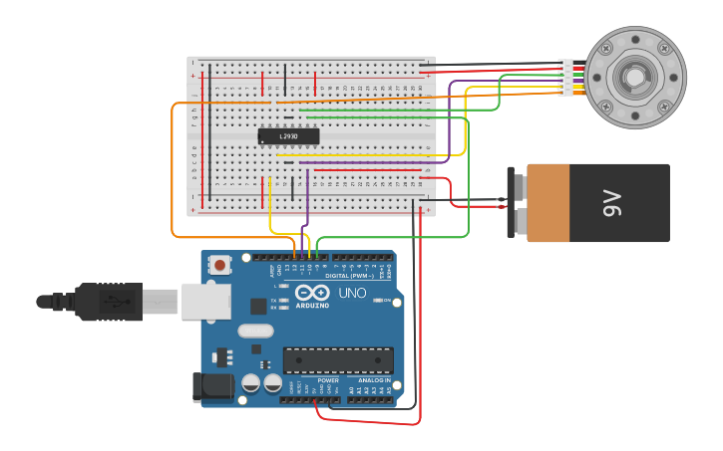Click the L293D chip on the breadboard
coord(288,136)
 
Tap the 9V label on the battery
coord(611,202)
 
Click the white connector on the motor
coord(566,79)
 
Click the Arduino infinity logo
coord(311,294)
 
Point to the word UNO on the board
coord(353,294)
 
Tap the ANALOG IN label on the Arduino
coord(374,380)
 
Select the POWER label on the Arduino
coord(328,380)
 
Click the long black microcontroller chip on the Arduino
coord(338,359)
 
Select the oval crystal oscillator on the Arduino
coord(255,332)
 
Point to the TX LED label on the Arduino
coord(275,297)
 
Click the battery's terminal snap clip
coord(513,202)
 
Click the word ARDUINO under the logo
coord(311,306)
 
